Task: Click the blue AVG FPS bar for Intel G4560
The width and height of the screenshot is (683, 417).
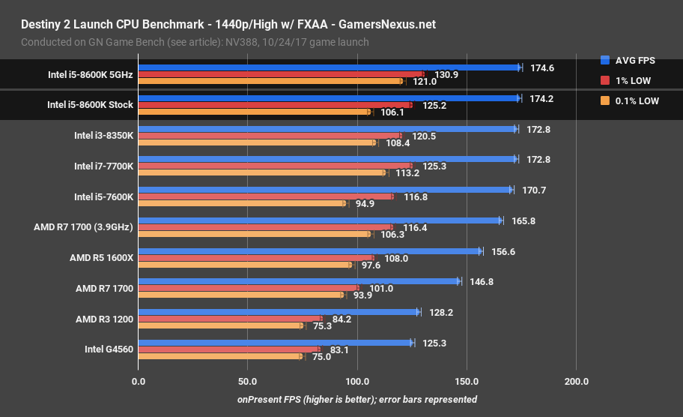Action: [275, 343]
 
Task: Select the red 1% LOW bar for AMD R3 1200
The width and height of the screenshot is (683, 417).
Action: [230, 319]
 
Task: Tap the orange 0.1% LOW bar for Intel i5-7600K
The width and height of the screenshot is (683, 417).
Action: [242, 203]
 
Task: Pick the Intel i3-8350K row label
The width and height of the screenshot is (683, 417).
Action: [103, 136]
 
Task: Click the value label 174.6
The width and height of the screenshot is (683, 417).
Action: [541, 67]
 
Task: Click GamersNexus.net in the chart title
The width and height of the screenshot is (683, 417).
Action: [387, 25]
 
